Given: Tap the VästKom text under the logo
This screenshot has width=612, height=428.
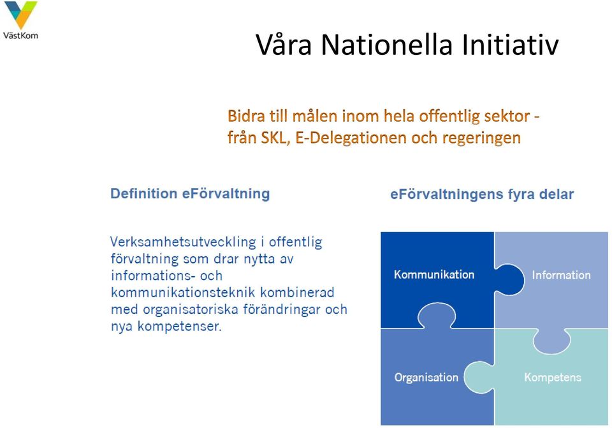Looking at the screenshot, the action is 20,36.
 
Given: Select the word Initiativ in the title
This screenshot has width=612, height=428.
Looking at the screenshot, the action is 510,44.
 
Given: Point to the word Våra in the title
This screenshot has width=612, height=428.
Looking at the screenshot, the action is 284,44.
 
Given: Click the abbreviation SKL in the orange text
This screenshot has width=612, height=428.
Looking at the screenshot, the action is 275,138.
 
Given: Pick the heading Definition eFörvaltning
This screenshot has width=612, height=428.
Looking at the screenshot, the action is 190,194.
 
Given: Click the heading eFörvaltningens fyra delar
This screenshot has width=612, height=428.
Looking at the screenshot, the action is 482,195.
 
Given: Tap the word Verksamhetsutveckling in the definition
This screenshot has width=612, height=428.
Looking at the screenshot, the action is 183,242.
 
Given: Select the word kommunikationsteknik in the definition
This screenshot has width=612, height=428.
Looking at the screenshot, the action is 183,293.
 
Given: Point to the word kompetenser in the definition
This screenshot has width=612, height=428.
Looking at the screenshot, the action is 180,327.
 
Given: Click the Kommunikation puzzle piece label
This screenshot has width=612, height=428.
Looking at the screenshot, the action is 434,274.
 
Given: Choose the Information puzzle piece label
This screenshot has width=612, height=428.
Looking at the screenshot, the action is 561,275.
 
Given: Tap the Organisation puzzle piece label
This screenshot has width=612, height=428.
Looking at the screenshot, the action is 426,378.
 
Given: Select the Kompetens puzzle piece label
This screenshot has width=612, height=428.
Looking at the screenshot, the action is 553,377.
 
